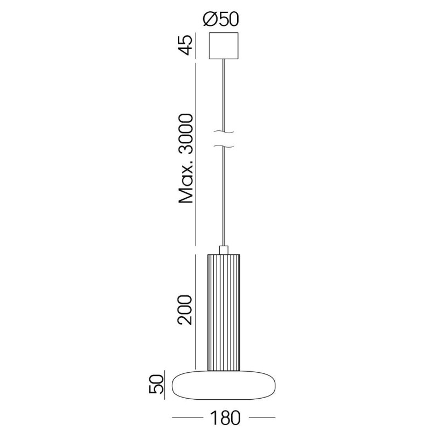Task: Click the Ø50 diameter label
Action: pyautogui.click(x=221, y=19)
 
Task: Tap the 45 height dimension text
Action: pyautogui.click(x=185, y=45)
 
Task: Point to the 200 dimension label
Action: pyautogui.click(x=185, y=310)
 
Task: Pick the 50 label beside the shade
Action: pyautogui.click(x=156, y=385)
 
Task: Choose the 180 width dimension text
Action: pyautogui.click(x=225, y=418)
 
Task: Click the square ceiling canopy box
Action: pyautogui.click(x=224, y=46)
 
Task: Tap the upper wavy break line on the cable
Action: pyautogui.click(x=224, y=132)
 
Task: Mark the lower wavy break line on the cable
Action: pyautogui.click(x=224, y=145)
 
